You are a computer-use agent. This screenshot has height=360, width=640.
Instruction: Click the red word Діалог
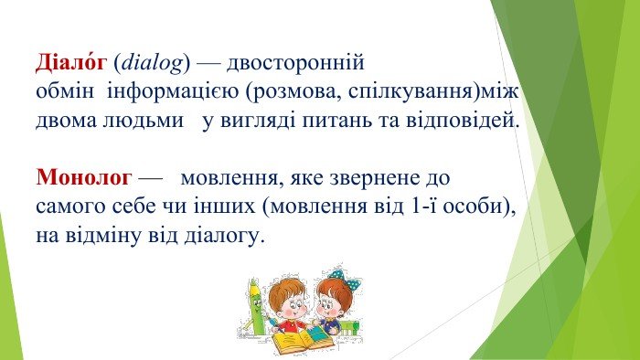click(71, 62)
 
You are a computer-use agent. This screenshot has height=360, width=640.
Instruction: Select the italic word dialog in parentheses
click(153, 64)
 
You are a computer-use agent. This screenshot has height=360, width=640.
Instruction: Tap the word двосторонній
click(295, 64)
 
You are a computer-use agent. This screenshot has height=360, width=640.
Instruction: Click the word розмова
click(297, 93)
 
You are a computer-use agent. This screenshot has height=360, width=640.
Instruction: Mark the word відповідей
click(463, 122)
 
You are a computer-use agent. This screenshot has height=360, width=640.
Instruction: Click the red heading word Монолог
click(84, 177)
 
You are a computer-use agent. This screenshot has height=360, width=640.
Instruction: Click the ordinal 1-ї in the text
click(423, 206)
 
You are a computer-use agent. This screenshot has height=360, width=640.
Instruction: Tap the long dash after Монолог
click(150, 178)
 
